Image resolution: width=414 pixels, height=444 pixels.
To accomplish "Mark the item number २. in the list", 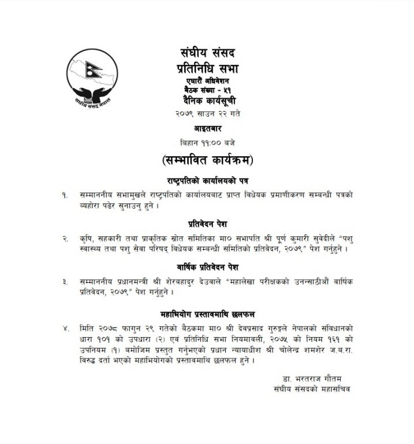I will [x=65, y=237].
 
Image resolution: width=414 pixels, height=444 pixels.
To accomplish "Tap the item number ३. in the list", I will [x=65, y=281].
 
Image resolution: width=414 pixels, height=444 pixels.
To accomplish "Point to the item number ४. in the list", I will [x=65, y=328].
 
